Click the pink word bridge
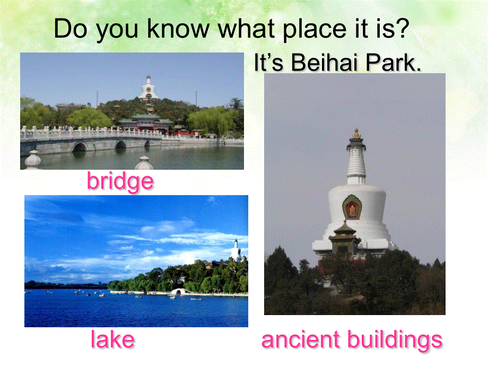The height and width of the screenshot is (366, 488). [x=120, y=182]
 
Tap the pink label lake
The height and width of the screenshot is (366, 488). [x=112, y=339]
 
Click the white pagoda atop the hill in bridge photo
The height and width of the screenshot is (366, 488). [x=148, y=88]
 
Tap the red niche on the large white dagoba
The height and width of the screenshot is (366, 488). [x=352, y=206]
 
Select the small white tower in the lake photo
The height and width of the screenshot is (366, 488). [x=236, y=250]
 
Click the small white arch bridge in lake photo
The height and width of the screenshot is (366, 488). [x=179, y=291]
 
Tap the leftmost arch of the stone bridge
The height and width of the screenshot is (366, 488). [x=79, y=146]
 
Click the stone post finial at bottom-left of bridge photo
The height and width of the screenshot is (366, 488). [x=33, y=160]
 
